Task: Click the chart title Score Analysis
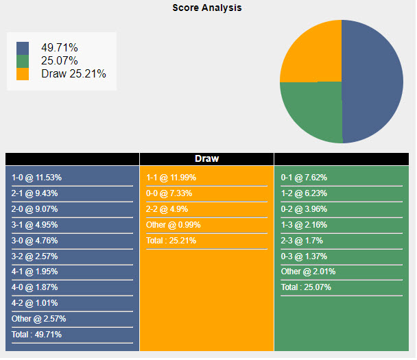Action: click(206, 8)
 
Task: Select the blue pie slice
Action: click(374, 81)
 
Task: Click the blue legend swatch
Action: click(23, 48)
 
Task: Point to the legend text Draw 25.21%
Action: click(73, 73)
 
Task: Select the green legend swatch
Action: click(23, 61)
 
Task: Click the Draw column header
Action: click(206, 158)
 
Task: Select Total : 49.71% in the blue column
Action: click(36, 335)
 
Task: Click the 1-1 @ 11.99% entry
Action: click(171, 178)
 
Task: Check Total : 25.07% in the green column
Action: click(306, 287)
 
